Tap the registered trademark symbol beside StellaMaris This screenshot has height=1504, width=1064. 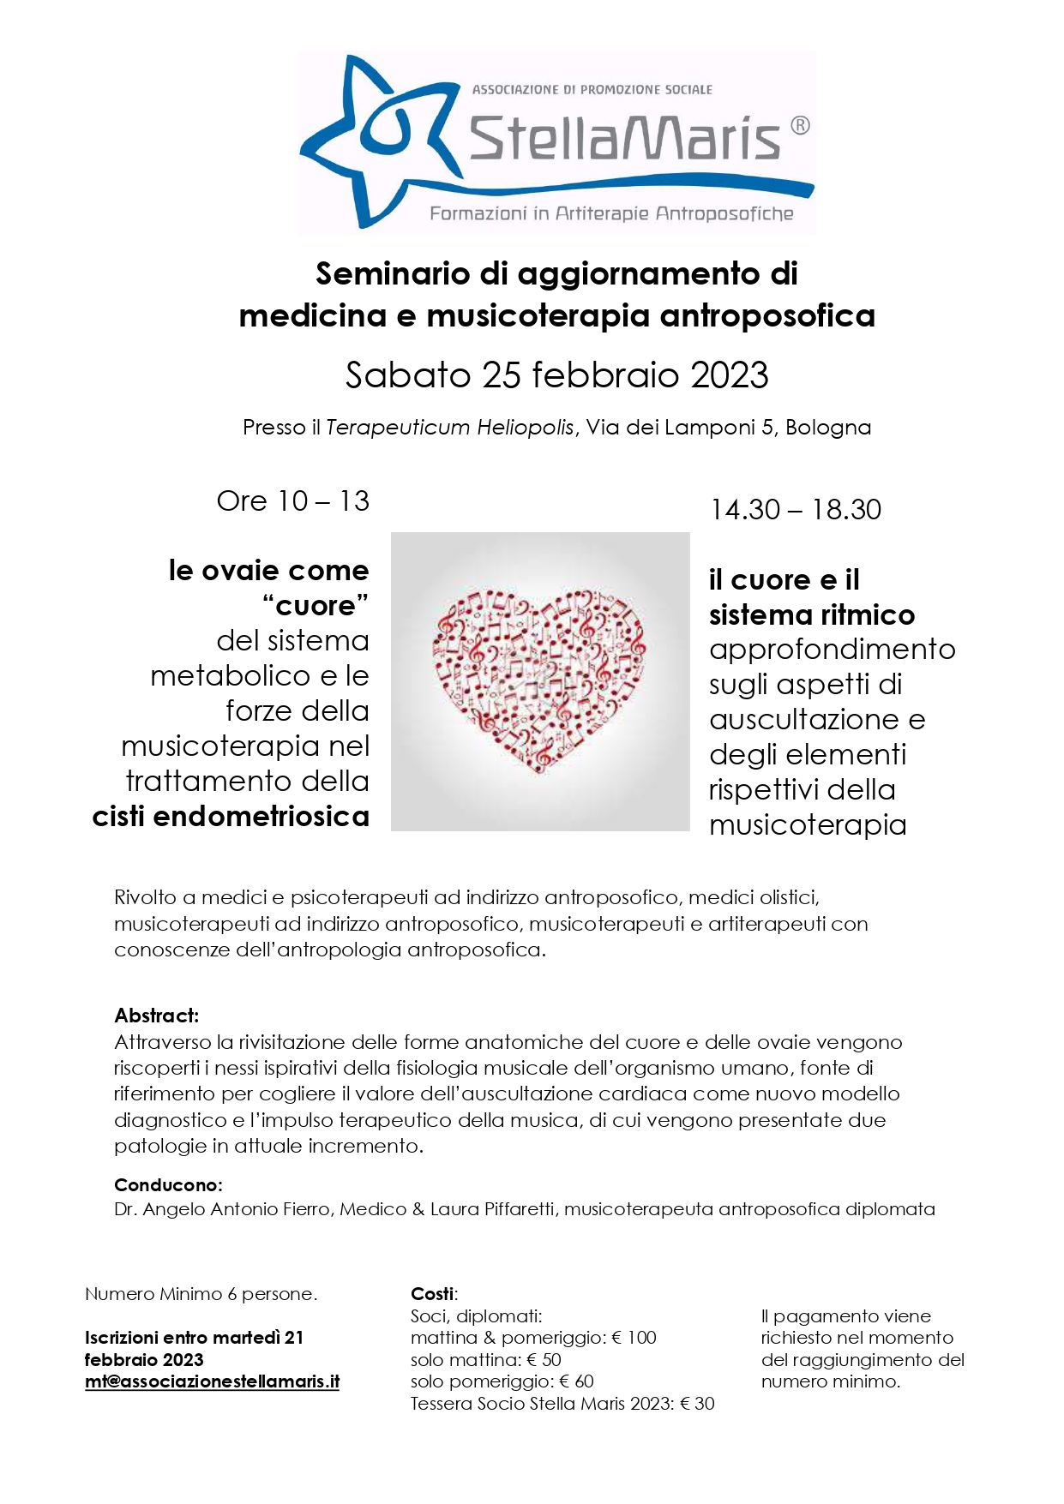point(798,126)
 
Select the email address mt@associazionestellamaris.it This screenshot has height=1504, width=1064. point(212,1381)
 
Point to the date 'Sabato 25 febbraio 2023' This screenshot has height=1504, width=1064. point(556,375)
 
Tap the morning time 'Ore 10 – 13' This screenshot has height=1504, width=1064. point(292,500)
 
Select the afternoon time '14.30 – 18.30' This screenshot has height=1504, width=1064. point(795,509)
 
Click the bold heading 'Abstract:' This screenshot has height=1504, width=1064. point(156,1016)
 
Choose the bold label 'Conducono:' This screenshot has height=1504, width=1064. point(168,1184)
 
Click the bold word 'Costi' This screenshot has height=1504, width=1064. point(433,1293)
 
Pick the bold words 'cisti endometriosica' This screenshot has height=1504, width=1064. point(231,816)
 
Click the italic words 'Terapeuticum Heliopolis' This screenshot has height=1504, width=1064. point(449,427)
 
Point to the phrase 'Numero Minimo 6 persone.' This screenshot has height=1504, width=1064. point(201,1293)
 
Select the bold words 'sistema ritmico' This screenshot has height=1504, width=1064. point(811,614)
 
